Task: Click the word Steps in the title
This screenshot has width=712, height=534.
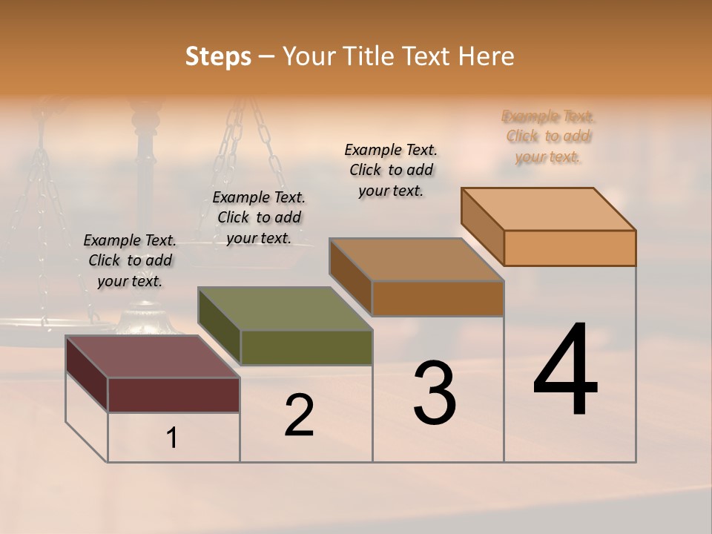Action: click(218, 56)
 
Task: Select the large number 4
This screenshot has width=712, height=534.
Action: click(565, 371)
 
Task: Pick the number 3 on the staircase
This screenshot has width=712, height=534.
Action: click(434, 393)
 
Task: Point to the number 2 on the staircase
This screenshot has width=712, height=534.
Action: click(299, 415)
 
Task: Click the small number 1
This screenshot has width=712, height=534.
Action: click(172, 438)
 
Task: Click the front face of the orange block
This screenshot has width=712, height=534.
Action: click(570, 248)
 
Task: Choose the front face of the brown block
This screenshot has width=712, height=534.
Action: click(438, 298)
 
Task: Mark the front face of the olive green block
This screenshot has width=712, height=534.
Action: click(306, 347)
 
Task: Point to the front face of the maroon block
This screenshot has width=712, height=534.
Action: click(174, 395)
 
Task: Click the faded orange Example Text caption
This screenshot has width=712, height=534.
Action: click(548, 136)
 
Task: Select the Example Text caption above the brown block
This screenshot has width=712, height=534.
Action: click(391, 170)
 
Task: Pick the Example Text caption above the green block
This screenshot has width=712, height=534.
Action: click(259, 217)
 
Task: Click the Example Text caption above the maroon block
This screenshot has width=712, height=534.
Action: click(130, 260)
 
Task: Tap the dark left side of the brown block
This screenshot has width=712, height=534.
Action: click(350, 277)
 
